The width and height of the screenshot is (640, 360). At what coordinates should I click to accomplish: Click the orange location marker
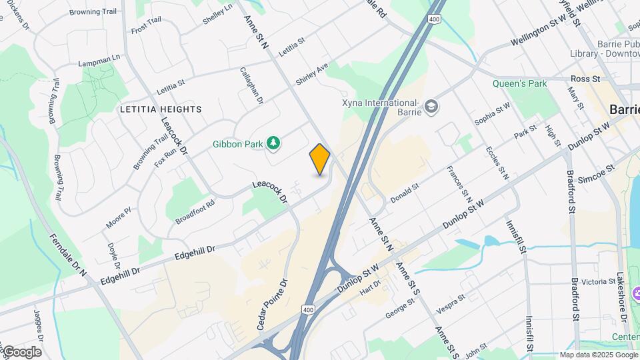[x=320, y=159]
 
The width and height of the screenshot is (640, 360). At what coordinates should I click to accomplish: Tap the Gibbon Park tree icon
[x=273, y=143]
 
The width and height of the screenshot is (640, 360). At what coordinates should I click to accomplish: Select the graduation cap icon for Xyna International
[x=432, y=107]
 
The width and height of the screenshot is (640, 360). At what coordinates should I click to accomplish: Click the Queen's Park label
[x=519, y=84]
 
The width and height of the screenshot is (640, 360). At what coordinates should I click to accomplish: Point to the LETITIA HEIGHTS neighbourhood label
[x=160, y=109]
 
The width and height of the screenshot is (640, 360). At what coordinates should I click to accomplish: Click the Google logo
[x=21, y=351]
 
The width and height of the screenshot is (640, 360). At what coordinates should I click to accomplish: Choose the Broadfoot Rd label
[x=195, y=211]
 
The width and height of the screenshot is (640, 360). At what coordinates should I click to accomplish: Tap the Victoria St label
[x=597, y=281]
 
